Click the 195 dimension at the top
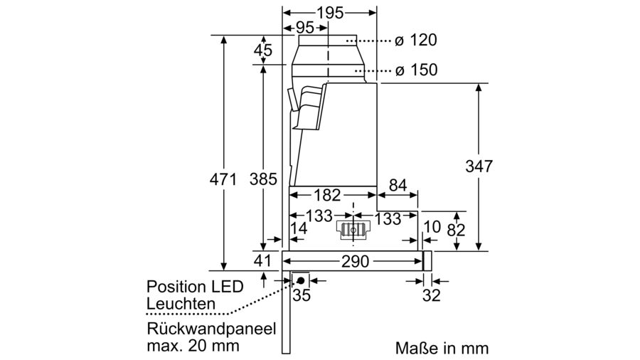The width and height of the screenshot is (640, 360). [x=329, y=13]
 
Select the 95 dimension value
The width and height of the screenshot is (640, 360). [x=305, y=28]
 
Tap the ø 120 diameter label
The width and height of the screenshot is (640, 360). [x=416, y=41]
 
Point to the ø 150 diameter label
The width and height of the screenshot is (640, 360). [x=416, y=70]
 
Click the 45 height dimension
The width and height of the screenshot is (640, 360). [x=263, y=51]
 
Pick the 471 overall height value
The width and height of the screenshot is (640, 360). [x=223, y=180]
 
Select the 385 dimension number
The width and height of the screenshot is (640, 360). [x=263, y=180]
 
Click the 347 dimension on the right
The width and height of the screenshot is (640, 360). [x=479, y=166]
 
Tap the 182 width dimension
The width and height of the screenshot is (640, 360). [x=329, y=195]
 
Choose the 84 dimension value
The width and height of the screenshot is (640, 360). [x=398, y=186]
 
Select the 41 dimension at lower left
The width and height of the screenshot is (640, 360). [x=264, y=261]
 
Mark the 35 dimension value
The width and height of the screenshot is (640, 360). [x=302, y=296]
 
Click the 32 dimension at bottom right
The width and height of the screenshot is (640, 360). [x=430, y=296]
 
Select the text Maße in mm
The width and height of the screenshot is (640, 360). [x=442, y=348]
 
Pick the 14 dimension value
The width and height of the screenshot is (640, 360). [x=299, y=229]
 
